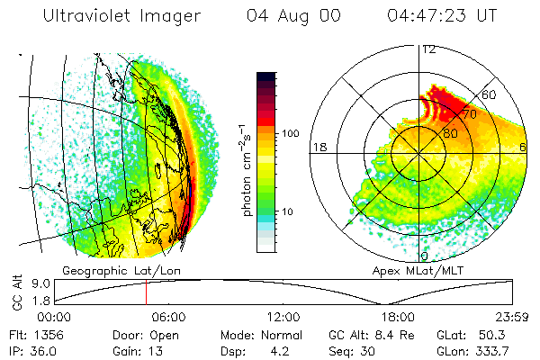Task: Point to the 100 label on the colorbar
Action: click(290, 133)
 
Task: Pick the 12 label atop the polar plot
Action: click(429, 49)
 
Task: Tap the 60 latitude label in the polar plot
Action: click(490, 94)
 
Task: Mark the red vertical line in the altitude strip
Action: click(146, 292)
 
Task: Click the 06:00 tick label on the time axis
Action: click(168, 317)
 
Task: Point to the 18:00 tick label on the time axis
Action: click(399, 317)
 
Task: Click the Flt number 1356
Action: click(45, 334)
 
